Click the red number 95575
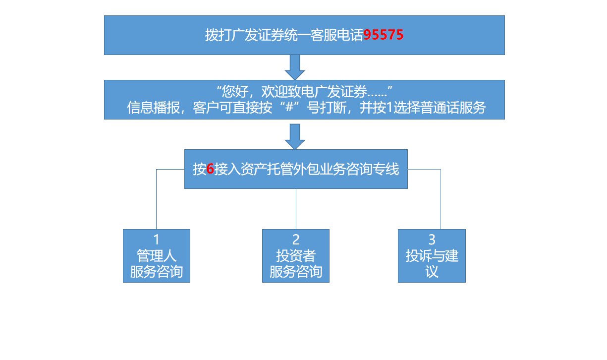pyautogui.click(x=383, y=35)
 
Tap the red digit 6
pyautogui.click(x=210, y=170)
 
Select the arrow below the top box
pyautogui.click(x=295, y=67)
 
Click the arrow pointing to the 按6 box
pyautogui.click(x=295, y=136)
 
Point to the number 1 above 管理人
pyautogui.click(x=157, y=240)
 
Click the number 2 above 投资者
pyautogui.click(x=296, y=240)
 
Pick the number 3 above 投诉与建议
pyautogui.click(x=432, y=240)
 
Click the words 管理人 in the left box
pyautogui.click(x=157, y=256)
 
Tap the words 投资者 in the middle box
pyautogui.click(x=296, y=256)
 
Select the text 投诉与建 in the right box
pyautogui.click(x=432, y=256)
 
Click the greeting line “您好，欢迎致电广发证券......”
pyautogui.click(x=305, y=92)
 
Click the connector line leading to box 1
pyautogui.click(x=157, y=198)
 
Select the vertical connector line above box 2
pyautogui.click(x=296, y=208)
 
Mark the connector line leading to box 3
pyautogui.click(x=441, y=198)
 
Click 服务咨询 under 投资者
pyautogui.click(x=296, y=272)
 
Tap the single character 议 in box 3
pyautogui.click(x=432, y=272)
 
